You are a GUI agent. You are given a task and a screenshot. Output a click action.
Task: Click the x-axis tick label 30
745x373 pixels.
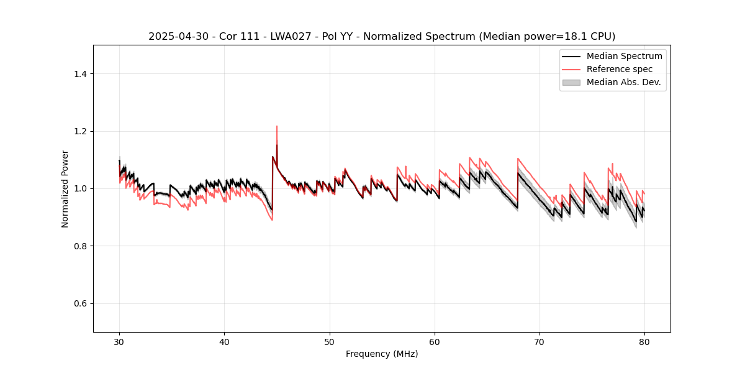[x=119, y=342]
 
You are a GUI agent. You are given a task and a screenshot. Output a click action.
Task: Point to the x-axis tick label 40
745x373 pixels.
[x=224, y=342]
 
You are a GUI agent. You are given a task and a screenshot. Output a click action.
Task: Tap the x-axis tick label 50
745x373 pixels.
[x=329, y=342]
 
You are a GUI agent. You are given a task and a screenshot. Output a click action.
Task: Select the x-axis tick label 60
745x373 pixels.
[x=435, y=342]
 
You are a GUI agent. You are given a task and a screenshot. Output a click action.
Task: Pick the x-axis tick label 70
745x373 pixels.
[x=540, y=342]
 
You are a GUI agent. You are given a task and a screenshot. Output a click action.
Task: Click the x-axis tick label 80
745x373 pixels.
[x=644, y=342]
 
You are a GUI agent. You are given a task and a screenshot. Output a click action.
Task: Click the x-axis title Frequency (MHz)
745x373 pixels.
[x=382, y=354]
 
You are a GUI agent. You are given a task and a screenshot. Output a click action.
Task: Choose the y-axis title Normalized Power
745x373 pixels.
[x=65, y=188]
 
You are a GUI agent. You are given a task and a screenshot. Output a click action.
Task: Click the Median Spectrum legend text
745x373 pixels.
[x=624, y=56]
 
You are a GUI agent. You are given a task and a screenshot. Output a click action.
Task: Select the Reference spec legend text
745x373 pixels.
[x=620, y=69]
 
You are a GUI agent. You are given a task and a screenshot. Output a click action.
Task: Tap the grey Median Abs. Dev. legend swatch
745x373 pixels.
[x=571, y=82]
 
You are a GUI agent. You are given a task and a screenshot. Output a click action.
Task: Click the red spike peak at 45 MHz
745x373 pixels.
[x=277, y=126]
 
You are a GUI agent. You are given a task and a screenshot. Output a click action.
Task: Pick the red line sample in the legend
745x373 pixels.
[x=571, y=69]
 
